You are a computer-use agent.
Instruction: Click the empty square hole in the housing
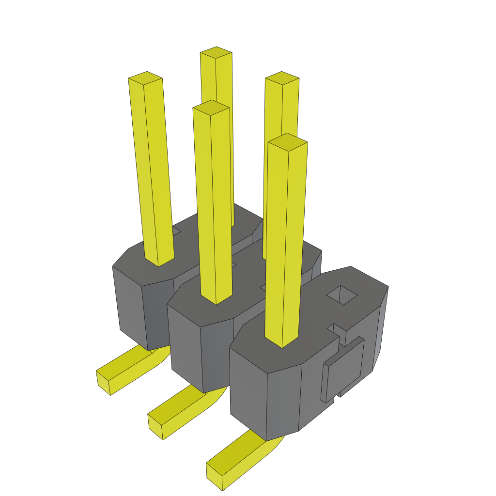[x=342, y=294]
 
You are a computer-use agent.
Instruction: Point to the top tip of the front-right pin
[x=287, y=141]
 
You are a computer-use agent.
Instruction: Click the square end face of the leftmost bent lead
[x=103, y=383]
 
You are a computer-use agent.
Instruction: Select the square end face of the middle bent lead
[x=155, y=426]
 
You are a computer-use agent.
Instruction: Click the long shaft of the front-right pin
[x=286, y=242]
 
